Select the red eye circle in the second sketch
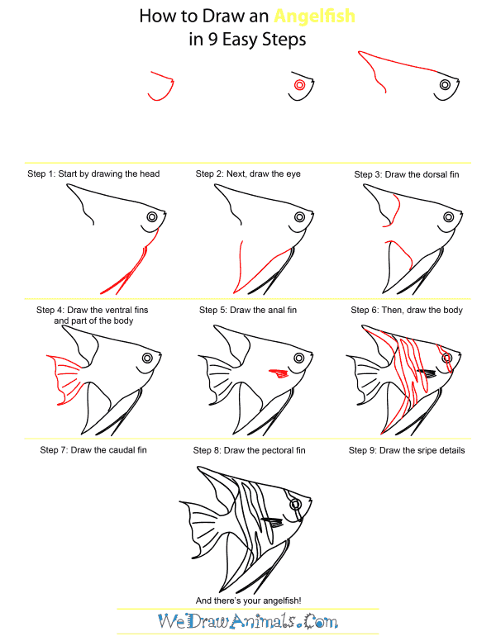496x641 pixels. (299, 84)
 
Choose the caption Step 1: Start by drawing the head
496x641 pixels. (93, 174)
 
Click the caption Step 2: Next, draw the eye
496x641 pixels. (247, 174)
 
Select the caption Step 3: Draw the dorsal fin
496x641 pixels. (406, 174)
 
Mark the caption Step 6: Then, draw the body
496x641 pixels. (406, 310)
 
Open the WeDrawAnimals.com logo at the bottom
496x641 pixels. (247, 621)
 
